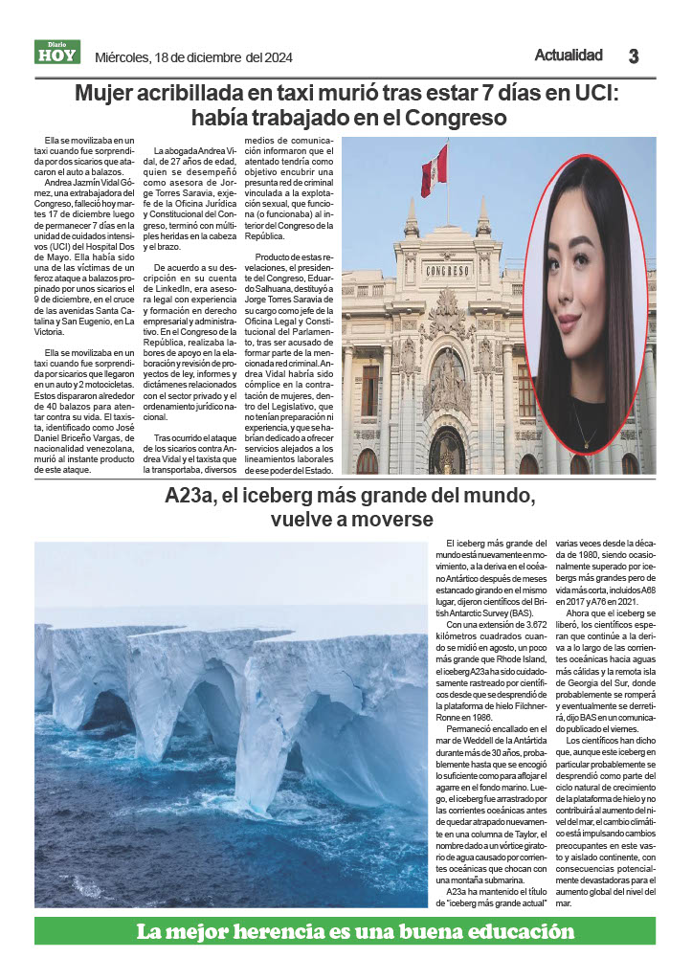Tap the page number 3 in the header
click(x=634, y=56)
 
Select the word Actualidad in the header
click(x=569, y=56)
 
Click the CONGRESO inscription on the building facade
click(x=448, y=270)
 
